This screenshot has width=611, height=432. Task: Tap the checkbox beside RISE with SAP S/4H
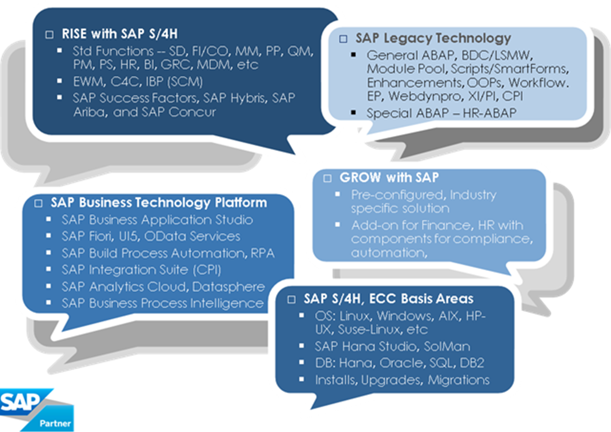(49, 35)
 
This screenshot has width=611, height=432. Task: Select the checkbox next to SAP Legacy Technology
(343, 39)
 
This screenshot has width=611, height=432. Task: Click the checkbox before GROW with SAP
(327, 179)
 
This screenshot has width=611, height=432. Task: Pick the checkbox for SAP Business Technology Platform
(38, 203)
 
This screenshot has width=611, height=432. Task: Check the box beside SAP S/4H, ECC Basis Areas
(292, 299)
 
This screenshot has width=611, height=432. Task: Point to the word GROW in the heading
(360, 177)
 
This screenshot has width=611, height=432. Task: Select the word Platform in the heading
(241, 202)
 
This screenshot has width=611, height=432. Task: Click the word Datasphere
(229, 287)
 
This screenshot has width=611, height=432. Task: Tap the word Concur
(192, 112)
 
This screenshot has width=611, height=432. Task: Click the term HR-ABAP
(490, 113)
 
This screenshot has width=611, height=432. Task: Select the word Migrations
(459, 380)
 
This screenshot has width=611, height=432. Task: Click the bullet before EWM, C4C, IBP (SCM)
(59, 81)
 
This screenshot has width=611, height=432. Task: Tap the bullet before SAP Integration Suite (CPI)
(49, 269)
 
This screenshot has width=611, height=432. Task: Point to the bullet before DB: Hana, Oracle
(302, 362)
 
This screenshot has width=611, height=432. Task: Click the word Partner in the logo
(55, 423)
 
